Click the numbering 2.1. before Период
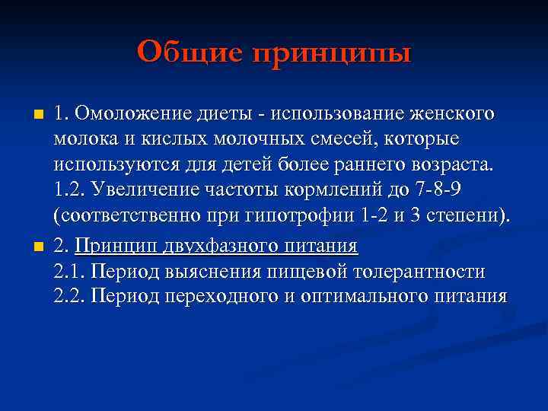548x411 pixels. coord(69,271)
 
